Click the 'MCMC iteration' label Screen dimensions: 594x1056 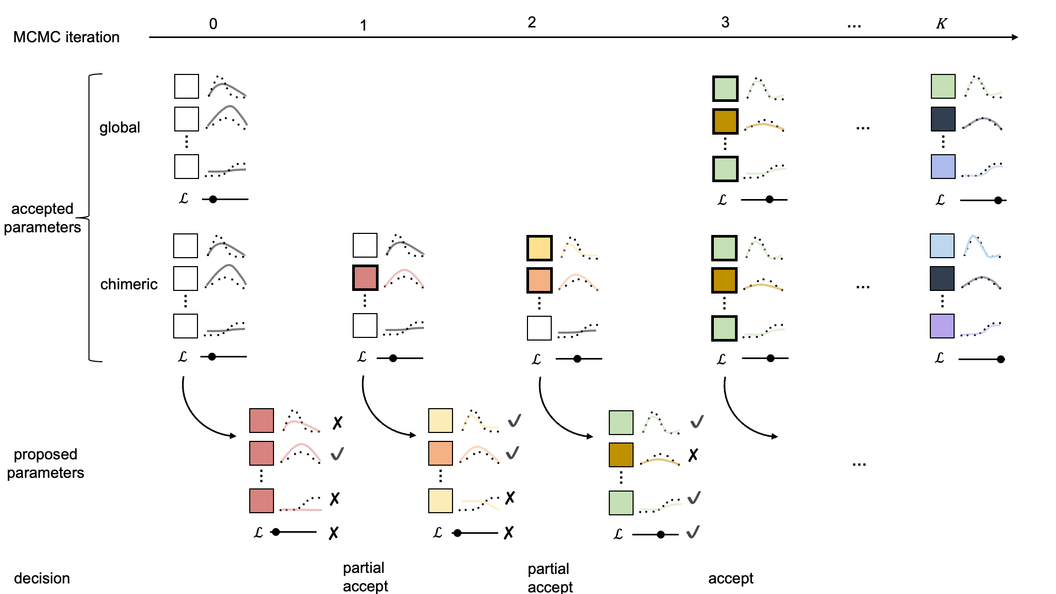[66, 37]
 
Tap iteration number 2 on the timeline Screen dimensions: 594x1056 [532, 22]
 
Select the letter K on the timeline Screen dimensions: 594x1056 [941, 24]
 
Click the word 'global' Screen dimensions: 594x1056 [120, 127]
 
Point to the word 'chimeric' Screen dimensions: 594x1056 [129, 284]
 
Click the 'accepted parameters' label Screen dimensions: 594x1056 [42, 218]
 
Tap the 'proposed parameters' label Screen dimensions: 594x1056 [45, 463]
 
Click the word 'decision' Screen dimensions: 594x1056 [42, 578]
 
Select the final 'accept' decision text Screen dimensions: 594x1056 [730, 578]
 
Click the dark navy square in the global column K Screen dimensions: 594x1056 [942, 119]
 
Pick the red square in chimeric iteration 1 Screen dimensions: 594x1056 [365, 278]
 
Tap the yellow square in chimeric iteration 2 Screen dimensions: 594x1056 [539, 248]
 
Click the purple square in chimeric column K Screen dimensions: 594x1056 [942, 326]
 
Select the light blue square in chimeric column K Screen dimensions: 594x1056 [942, 246]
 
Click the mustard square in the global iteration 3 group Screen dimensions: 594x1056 [725, 121]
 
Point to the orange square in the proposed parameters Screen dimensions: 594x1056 [440, 453]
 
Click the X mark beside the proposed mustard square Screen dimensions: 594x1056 [693, 455]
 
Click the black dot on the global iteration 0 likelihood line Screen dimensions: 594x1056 [213, 199]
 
